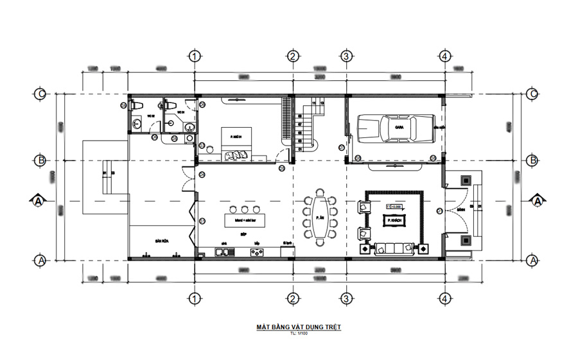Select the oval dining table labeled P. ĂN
click(x=320, y=218)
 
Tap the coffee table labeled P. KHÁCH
click(x=394, y=220)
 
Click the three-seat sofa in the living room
click(x=392, y=246)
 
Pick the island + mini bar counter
click(x=244, y=220)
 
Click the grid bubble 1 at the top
click(x=195, y=56)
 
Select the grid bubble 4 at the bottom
click(x=443, y=298)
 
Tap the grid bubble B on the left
click(x=40, y=160)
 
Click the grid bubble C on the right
click(x=532, y=94)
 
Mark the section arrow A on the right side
click(x=537, y=201)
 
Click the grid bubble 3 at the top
click(x=346, y=56)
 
